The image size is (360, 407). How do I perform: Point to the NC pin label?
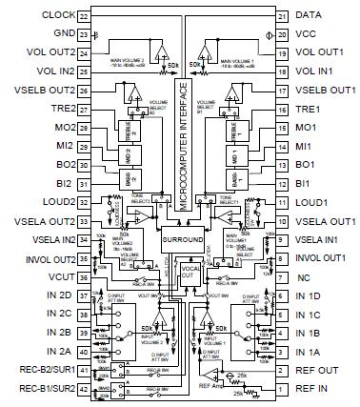coord(305,277)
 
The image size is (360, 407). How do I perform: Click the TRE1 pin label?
coord(307,109)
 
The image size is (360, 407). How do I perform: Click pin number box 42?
coord(83,389)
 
